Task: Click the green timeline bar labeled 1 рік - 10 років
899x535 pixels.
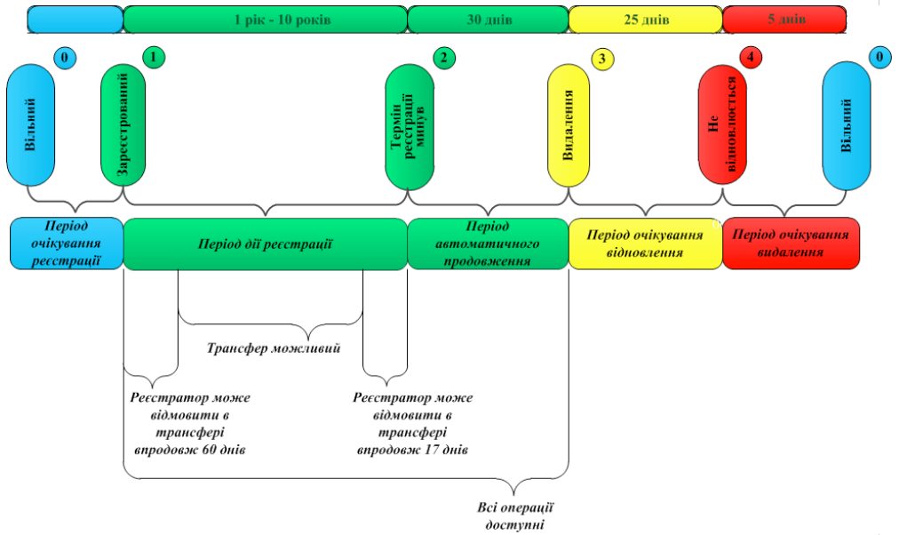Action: click(x=265, y=19)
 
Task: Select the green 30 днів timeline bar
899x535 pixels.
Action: click(x=487, y=19)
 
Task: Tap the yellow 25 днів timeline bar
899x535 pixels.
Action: click(x=645, y=19)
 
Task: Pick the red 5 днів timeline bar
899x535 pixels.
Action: click(x=785, y=19)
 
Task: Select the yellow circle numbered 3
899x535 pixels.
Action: click(x=602, y=60)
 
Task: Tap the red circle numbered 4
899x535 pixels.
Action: click(x=752, y=58)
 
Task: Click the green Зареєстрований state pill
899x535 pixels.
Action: click(x=123, y=124)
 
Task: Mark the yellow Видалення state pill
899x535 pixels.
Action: click(x=569, y=124)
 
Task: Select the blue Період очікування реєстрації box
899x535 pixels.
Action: click(x=67, y=244)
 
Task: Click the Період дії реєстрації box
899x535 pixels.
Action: click(x=265, y=244)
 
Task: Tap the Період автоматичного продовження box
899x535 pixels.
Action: click(x=487, y=244)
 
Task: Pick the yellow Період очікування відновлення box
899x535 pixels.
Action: click(x=645, y=244)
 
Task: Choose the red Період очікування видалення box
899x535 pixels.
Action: click(x=791, y=244)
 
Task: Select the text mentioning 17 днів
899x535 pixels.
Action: click(x=412, y=424)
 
